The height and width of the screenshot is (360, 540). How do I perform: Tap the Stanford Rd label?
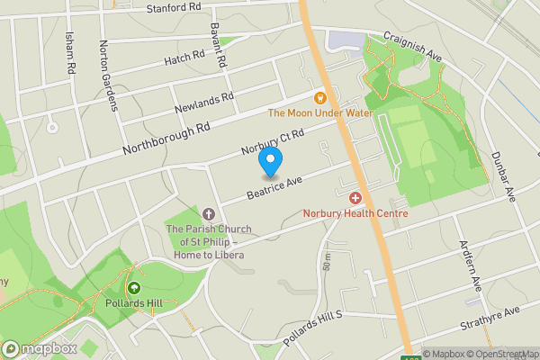pyautogui.click(x=174, y=8)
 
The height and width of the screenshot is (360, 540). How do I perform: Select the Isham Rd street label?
pyautogui.click(x=70, y=53)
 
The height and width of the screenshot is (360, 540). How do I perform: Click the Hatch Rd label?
pyautogui.click(x=184, y=60)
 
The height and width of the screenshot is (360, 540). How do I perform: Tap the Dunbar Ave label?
pyautogui.click(x=508, y=178)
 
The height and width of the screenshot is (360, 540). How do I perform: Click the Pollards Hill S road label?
pyautogui.click(x=313, y=330)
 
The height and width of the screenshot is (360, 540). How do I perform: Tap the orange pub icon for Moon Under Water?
pyautogui.click(x=319, y=97)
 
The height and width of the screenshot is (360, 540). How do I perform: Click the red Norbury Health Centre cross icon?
pyautogui.click(x=355, y=197)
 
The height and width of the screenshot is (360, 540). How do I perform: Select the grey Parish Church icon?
pyautogui.click(x=210, y=213)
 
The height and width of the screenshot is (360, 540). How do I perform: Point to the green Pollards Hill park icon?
pyautogui.click(x=134, y=288)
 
